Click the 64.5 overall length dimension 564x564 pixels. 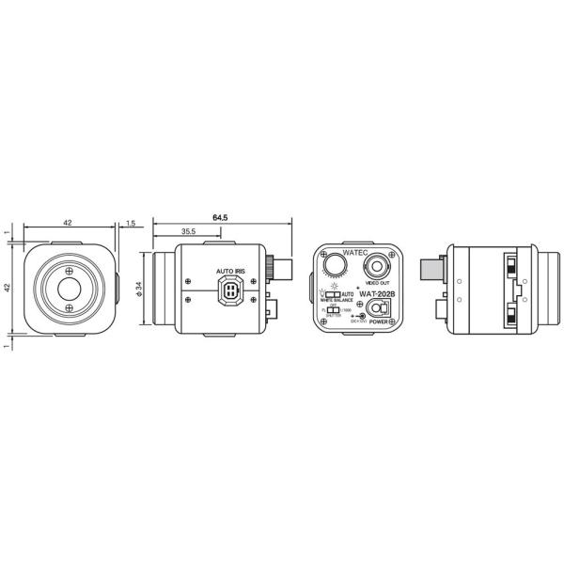coord(221,217)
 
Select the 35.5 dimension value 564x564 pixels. coord(188,231)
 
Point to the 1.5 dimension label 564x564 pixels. coord(130,224)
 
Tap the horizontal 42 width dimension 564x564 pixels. coord(68,223)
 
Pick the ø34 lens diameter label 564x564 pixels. coord(139,290)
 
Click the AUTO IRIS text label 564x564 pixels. coord(230,271)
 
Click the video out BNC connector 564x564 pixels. coord(380,262)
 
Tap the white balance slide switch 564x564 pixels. coord(333,294)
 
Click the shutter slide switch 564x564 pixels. coord(332,310)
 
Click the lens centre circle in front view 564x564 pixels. coord(69,288)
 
